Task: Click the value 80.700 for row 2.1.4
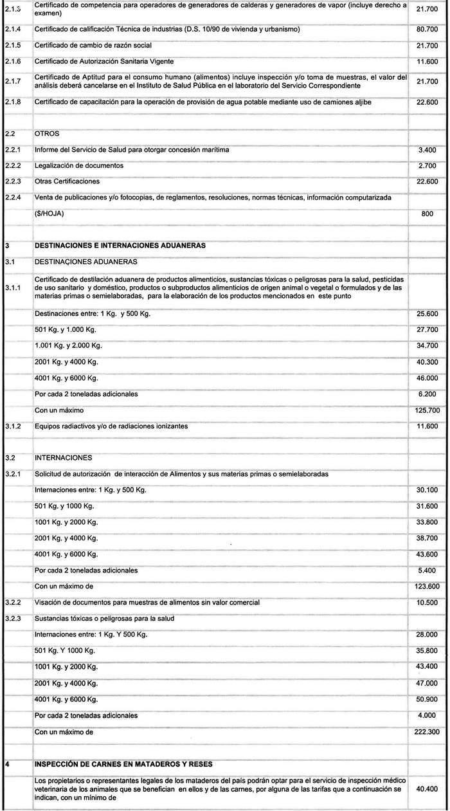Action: pos(428,30)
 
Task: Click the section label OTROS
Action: pos(46,134)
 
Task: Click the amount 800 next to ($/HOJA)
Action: pos(428,214)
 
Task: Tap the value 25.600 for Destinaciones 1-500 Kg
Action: pos(428,313)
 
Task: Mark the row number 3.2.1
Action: pos(13,474)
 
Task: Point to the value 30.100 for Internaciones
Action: pos(428,490)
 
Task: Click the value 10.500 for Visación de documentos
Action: pos(428,603)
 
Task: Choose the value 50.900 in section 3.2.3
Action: pos(428,699)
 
